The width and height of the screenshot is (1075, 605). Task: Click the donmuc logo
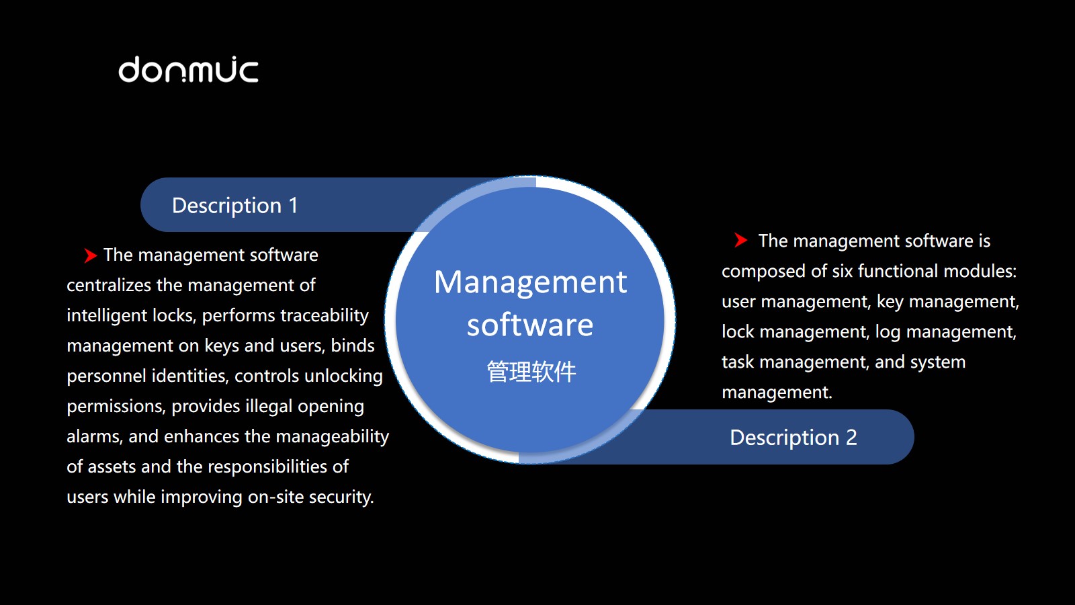[188, 70]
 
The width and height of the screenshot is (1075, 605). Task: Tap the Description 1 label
[234, 206]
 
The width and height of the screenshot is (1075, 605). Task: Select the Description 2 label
[793, 438]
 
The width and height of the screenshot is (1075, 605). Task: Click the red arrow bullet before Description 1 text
[90, 255]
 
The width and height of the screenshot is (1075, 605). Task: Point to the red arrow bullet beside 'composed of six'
[740, 240]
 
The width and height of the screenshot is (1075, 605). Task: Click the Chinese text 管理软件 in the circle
[531, 371]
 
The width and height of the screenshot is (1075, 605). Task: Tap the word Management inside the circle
[530, 282]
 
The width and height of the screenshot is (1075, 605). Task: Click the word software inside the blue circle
[530, 325]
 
